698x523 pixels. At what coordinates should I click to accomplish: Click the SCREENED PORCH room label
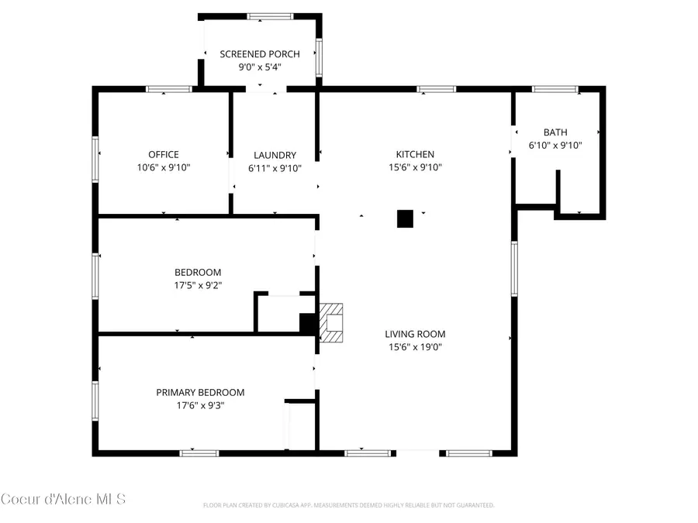point(259,53)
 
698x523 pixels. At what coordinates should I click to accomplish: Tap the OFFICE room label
point(164,154)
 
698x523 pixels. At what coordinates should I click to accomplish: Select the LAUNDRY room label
point(275,154)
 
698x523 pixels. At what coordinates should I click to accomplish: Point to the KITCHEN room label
point(415,154)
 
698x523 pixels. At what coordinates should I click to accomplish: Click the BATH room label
point(555,132)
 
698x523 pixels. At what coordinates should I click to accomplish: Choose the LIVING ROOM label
point(415,334)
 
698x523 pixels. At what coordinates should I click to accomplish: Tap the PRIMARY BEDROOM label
point(200,392)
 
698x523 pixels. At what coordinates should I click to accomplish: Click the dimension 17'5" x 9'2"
point(198,284)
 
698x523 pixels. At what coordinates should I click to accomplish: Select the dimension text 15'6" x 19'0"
point(415,346)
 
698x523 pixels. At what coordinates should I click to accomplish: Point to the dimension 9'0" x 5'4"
point(259,67)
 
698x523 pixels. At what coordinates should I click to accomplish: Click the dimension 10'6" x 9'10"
point(164,167)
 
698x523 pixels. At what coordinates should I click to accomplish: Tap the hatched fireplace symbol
point(332,322)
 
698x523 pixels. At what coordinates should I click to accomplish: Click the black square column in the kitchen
point(405,218)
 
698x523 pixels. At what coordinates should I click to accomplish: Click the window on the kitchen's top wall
point(437,90)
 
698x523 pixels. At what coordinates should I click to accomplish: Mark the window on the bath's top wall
point(555,90)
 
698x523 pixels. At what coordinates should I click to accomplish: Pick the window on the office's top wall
point(169,90)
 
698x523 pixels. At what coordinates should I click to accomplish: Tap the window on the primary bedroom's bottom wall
point(199,452)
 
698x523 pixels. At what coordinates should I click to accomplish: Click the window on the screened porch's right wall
point(318,58)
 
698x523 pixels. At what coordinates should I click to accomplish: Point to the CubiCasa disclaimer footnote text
point(348,505)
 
